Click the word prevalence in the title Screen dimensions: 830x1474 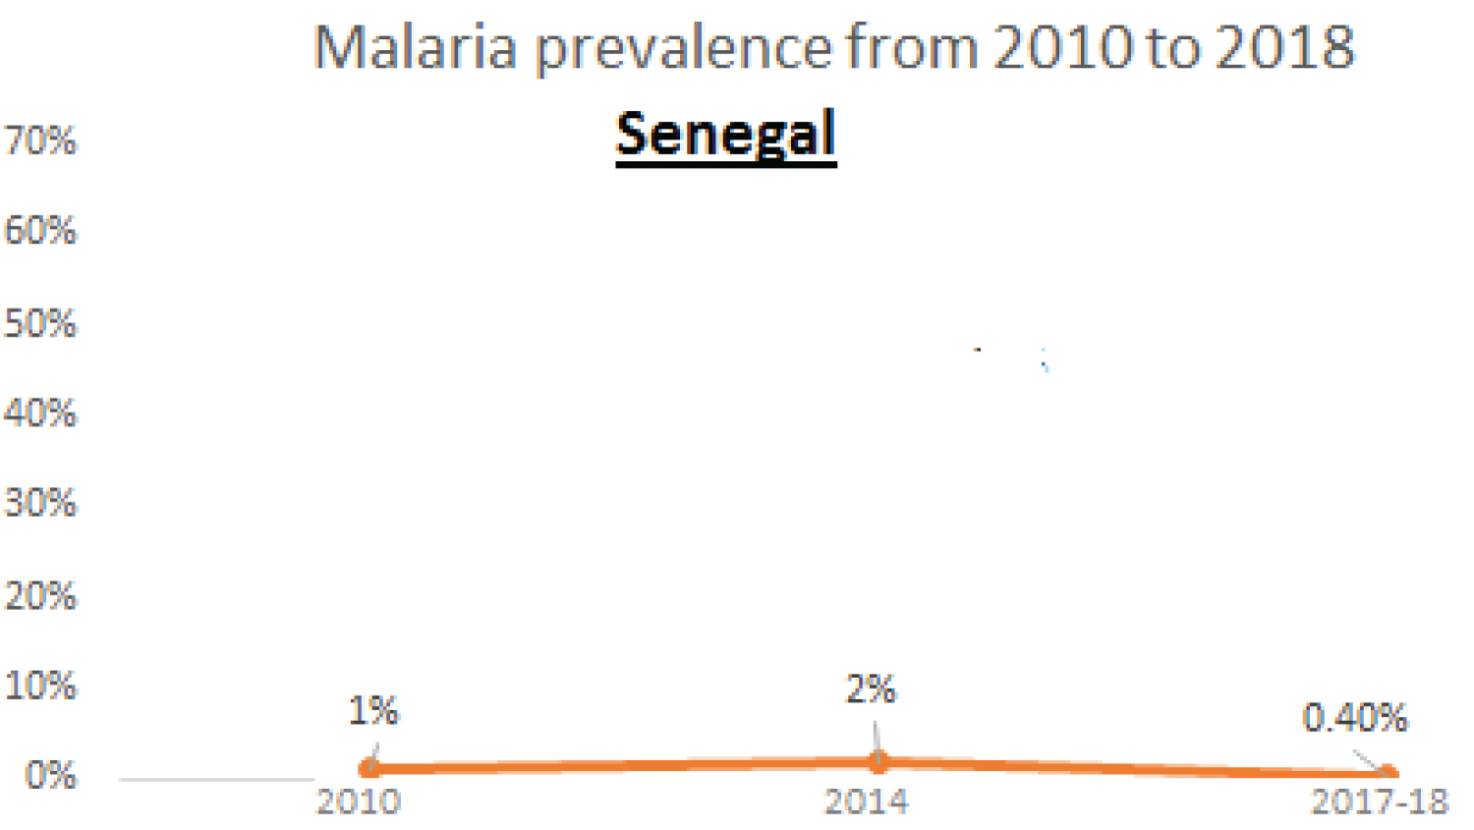pyautogui.click(x=684, y=49)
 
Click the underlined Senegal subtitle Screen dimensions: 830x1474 pyautogui.click(x=725, y=135)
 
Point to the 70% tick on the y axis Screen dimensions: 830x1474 pyautogui.click(x=40, y=141)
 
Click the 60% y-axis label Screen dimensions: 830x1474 pyautogui.click(x=40, y=231)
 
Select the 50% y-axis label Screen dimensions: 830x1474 pyautogui.click(x=40, y=324)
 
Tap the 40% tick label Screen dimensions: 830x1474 pyautogui.click(x=40, y=414)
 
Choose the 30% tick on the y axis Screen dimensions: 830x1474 pyautogui.click(x=40, y=504)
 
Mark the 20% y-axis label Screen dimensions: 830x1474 pyautogui.click(x=40, y=596)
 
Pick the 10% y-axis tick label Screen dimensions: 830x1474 pyautogui.click(x=40, y=686)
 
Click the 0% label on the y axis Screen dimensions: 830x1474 pyautogui.click(x=50, y=776)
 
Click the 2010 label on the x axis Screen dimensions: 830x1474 pyautogui.click(x=358, y=802)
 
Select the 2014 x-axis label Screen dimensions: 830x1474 pyautogui.click(x=866, y=802)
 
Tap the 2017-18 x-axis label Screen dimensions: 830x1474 pyautogui.click(x=1380, y=802)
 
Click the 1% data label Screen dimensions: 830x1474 pyautogui.click(x=373, y=711)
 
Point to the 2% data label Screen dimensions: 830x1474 pyautogui.click(x=871, y=690)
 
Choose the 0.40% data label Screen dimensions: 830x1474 pyautogui.click(x=1354, y=719)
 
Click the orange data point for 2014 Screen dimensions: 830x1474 pyautogui.click(x=879, y=761)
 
